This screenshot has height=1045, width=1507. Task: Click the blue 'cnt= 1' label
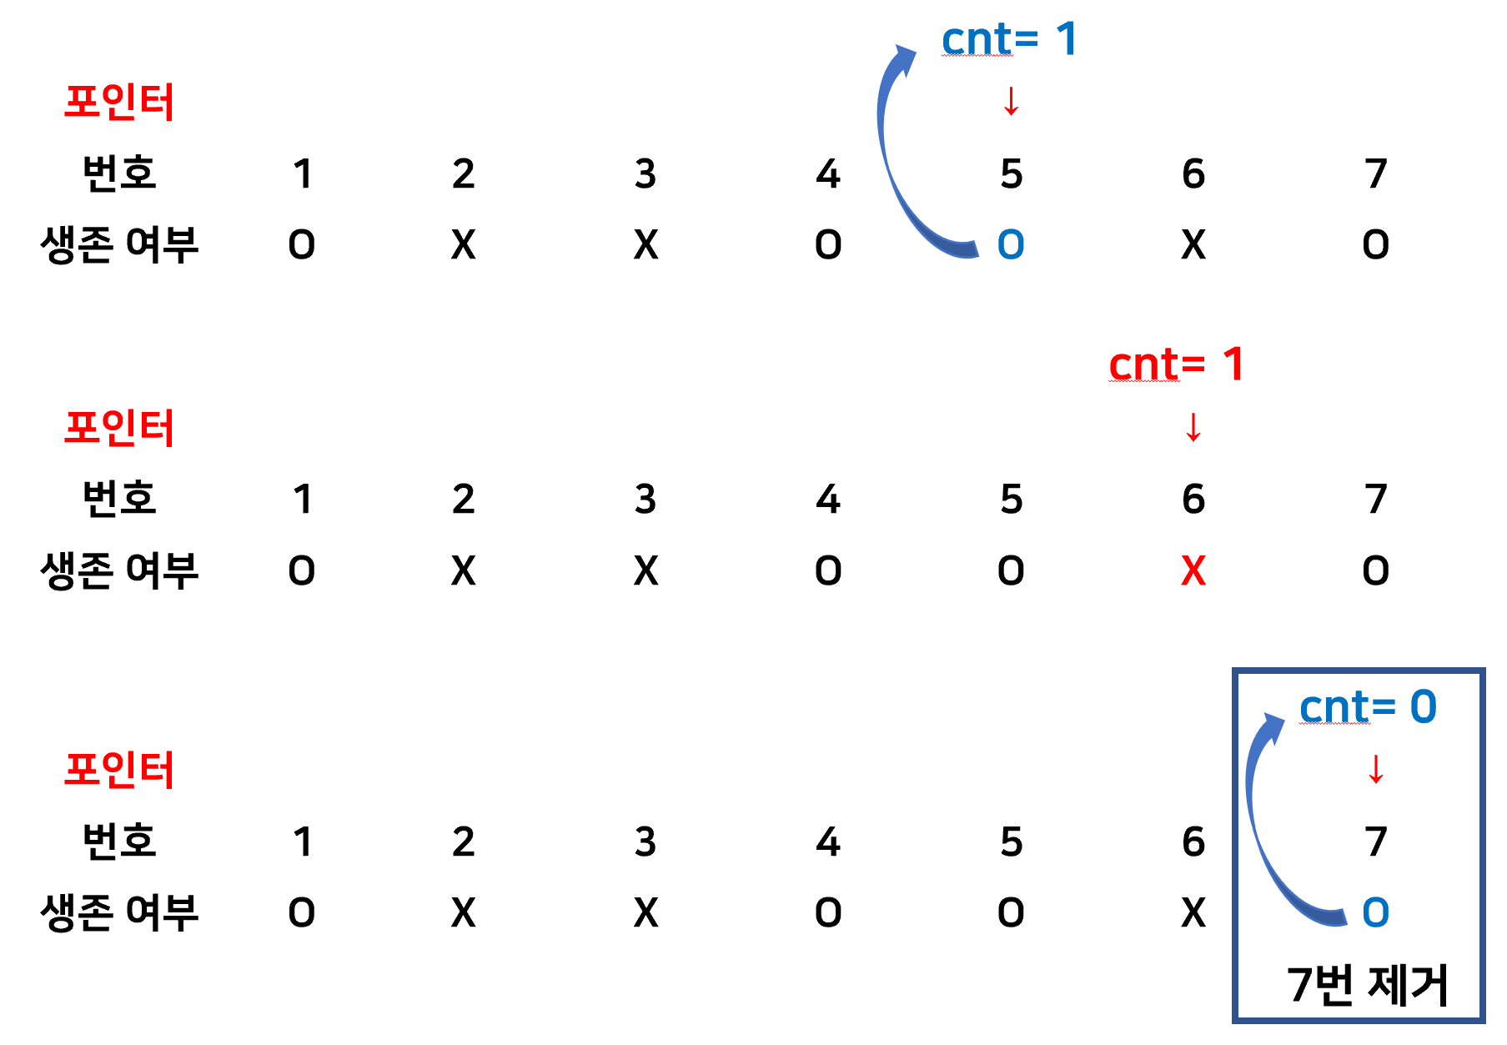tap(1009, 40)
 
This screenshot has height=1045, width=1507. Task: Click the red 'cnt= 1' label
tap(1176, 365)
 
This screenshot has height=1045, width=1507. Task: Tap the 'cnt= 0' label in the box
tap(1368, 707)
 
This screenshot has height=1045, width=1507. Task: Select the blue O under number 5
tap(1011, 244)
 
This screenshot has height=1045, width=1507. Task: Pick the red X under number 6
tap(1193, 571)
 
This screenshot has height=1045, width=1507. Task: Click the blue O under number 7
tap(1375, 912)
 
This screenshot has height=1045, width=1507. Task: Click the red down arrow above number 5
tap(1011, 102)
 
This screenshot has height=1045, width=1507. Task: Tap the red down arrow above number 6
tap(1193, 427)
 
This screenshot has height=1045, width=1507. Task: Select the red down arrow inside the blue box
tap(1375, 769)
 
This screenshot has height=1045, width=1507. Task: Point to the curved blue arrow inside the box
tap(1263, 826)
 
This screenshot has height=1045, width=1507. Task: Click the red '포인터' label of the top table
tap(119, 103)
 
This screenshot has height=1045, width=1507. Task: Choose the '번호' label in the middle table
tap(119, 499)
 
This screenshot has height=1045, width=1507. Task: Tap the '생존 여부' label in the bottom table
tap(119, 912)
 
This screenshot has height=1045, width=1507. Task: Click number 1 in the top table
tap(302, 174)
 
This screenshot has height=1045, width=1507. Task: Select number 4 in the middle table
tap(827, 499)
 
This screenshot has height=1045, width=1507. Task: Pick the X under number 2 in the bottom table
tap(463, 912)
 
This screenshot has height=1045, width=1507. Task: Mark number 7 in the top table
tap(1375, 174)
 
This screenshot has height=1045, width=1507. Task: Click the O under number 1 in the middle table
tap(302, 571)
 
